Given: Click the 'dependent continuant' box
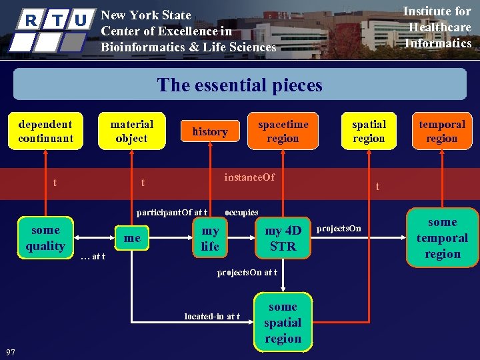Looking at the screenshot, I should coord(45,131).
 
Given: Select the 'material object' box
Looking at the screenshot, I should coord(131,131).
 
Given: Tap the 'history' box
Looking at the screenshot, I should coord(210,132).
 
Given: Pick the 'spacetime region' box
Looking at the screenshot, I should coord(283,131).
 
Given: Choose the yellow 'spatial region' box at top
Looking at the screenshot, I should coord(369,131).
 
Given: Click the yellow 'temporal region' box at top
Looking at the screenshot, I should coord(441,131).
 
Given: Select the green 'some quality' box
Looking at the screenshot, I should coord(45,238).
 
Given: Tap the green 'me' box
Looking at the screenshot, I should coord(133,238).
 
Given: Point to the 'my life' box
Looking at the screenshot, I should coord(210,238).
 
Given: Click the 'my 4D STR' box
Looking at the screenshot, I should coord(283,238).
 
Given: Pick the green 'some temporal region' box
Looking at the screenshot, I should coord(442,238).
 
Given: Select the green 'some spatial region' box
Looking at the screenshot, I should coord(283,323).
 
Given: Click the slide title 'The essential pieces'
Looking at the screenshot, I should coord(239,85).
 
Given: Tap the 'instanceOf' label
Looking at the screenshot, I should coord(249,177).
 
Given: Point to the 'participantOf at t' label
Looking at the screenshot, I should coord(172,213).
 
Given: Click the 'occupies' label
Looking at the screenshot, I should coord(241,213).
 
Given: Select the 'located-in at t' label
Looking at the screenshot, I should coord(212,316).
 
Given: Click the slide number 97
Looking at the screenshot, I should coord(11,351).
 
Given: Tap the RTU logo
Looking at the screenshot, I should coord(54,29).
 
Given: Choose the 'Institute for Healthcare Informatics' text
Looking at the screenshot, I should coord(439,27).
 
